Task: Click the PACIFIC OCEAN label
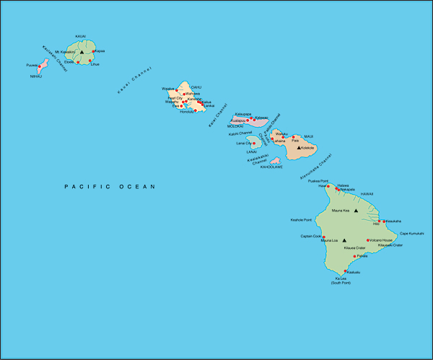(110, 187)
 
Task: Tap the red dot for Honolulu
(196, 110)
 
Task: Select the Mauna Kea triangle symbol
(356, 211)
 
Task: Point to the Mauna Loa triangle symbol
(344, 240)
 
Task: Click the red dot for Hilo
(383, 221)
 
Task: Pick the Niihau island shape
(43, 66)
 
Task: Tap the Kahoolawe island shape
(275, 161)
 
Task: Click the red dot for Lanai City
(253, 144)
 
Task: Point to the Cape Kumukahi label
(412, 233)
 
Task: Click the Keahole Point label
(301, 219)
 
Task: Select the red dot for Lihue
(90, 61)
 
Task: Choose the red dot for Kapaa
(94, 51)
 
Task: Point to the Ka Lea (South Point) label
(341, 281)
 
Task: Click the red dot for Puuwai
(40, 67)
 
